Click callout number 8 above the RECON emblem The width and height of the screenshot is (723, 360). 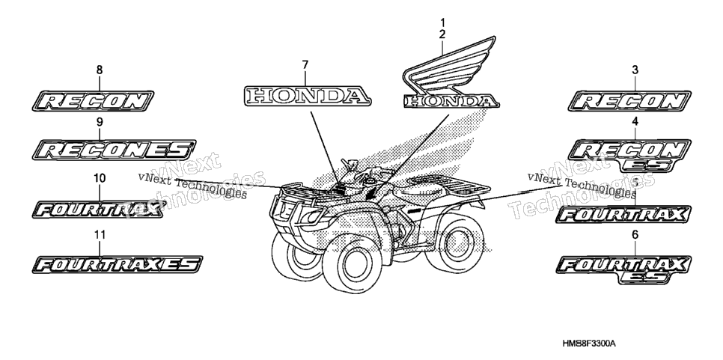(x=99, y=70)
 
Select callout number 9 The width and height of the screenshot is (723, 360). (x=100, y=122)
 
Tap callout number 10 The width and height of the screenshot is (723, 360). (x=100, y=178)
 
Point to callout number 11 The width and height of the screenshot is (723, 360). (x=100, y=235)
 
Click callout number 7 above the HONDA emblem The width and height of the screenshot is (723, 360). (x=305, y=65)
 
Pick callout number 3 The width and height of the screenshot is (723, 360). (x=635, y=70)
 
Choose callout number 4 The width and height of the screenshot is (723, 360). (x=635, y=122)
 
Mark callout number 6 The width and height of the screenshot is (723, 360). (x=635, y=235)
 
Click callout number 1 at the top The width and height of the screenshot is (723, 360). (x=442, y=22)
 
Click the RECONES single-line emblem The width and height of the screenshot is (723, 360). (x=115, y=150)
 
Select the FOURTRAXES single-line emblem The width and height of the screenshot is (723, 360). (x=118, y=265)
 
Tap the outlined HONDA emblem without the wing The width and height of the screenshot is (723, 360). (x=307, y=96)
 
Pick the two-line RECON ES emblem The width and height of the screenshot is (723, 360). (x=629, y=156)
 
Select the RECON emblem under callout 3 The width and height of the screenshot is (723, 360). (x=629, y=101)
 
